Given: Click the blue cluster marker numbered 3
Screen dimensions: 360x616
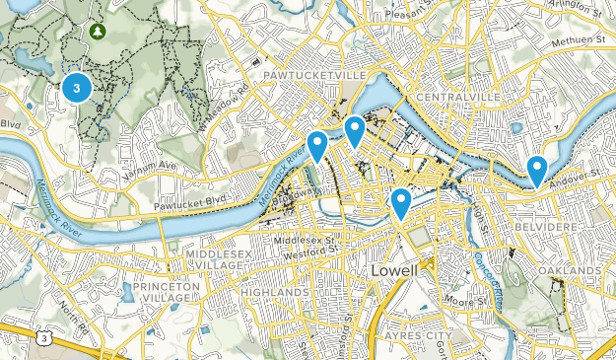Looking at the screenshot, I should [77, 88].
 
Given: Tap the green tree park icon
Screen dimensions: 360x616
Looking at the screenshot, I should [98, 33].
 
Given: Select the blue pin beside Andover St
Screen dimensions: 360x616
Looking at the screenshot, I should [537, 169].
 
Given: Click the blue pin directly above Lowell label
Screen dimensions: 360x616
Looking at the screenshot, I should [400, 203].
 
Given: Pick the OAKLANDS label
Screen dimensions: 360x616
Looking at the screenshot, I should [570, 270].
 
